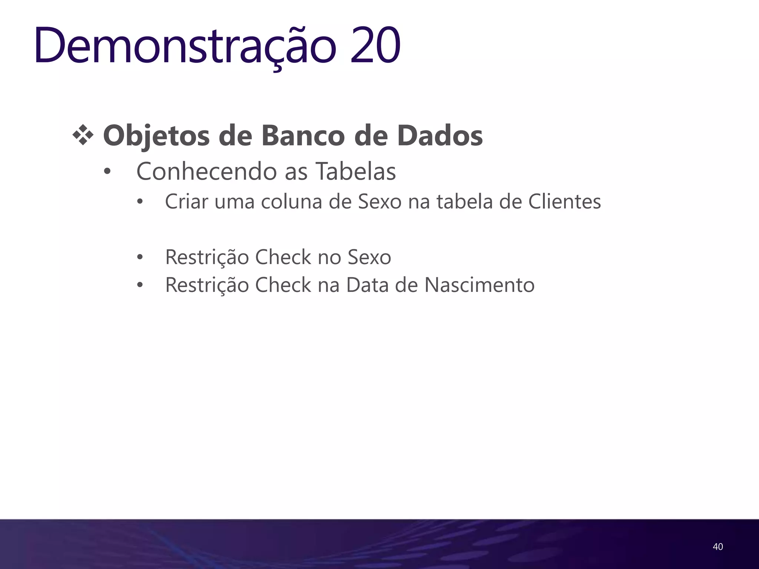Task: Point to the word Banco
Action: [303, 136]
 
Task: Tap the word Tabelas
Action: [356, 172]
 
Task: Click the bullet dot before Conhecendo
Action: [107, 172]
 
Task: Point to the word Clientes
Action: [564, 202]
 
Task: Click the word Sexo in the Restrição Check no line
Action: [369, 257]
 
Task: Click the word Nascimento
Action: [479, 285]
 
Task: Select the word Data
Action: [367, 285]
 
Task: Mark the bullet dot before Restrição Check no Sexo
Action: [140, 257]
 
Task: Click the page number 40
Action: [717, 546]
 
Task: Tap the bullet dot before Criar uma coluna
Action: [140, 202]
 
